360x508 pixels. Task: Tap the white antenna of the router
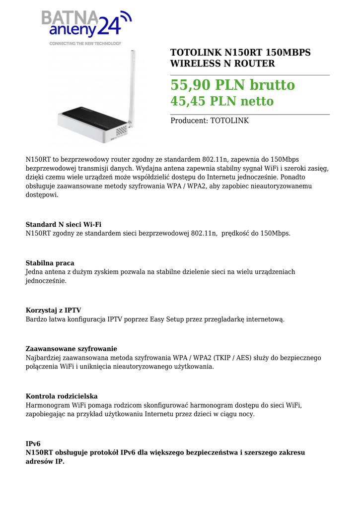[133, 84]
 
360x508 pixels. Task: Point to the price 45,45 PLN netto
[222, 102]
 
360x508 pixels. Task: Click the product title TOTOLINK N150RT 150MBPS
[240, 53]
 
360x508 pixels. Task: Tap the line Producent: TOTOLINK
[210, 121]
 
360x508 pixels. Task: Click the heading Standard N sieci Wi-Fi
[64, 225]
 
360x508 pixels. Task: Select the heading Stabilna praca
[50, 263]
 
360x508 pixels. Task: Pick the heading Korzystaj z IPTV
[53, 311]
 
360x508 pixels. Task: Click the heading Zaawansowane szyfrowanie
[71, 349]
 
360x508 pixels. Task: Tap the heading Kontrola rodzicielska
[62, 396]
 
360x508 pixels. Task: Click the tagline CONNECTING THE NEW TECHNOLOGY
[85, 44]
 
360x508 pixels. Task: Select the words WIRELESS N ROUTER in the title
[222, 63]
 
